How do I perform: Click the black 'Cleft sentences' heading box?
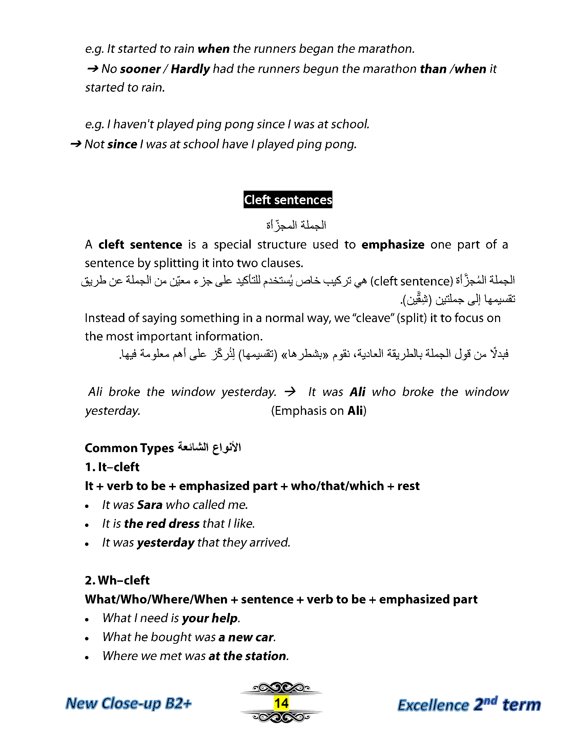tap(288, 199)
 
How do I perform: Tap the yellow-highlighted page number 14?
tap(281, 703)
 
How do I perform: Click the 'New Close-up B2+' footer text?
tap(128, 703)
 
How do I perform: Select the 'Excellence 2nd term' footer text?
tap(469, 704)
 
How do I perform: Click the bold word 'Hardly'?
tap(190, 69)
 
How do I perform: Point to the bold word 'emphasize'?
tap(393, 244)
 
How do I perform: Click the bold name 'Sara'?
tap(149, 505)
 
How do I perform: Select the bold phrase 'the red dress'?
tap(162, 523)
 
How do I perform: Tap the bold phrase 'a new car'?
tap(246, 637)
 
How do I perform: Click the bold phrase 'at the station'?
tap(248, 656)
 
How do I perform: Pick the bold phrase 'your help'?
tap(210, 618)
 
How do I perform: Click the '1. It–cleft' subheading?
tap(112, 467)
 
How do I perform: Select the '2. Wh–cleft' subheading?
tap(117, 580)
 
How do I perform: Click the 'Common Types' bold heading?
tap(129, 448)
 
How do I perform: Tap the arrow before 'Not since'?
tap(76, 144)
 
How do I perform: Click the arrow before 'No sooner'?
tap(93, 69)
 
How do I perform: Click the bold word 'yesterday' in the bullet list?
tap(165, 542)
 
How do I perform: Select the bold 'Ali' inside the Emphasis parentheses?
tap(355, 410)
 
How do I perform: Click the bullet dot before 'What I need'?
tap(87, 619)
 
